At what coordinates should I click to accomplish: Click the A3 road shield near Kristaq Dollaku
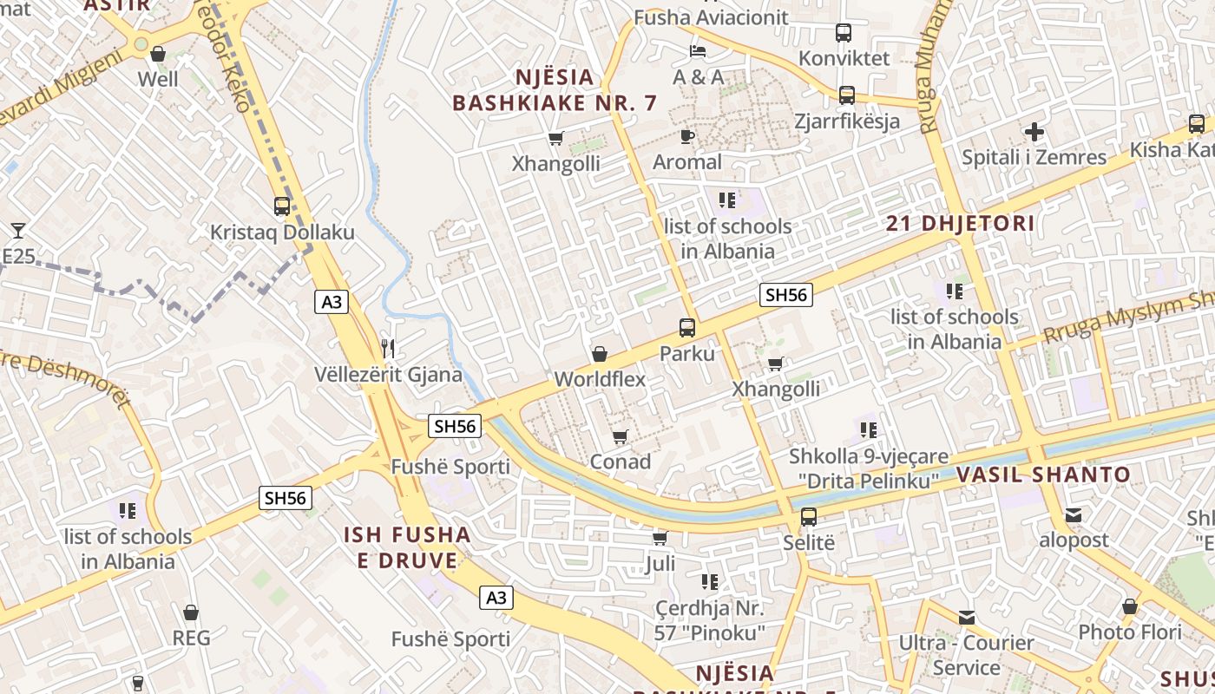point(332,302)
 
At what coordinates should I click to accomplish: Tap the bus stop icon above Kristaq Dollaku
point(282,206)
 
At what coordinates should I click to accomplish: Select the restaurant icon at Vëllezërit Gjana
point(388,349)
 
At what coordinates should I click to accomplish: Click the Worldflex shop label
point(600,379)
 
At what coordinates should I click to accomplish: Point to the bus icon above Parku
point(687,328)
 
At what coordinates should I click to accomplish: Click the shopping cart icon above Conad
point(620,436)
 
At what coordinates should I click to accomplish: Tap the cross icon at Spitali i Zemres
point(1034,132)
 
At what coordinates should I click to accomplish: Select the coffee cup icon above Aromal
point(687,136)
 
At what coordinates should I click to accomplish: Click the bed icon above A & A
point(698,51)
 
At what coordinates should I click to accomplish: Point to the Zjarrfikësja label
point(847,121)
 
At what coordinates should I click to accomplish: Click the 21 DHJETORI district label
point(960,224)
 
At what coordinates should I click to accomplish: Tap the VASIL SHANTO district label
point(1043,475)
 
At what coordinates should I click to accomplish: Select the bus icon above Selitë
point(809,517)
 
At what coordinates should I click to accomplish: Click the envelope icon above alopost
point(1074,515)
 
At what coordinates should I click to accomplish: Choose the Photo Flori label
point(1130,632)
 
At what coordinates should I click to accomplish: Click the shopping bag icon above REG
point(191,612)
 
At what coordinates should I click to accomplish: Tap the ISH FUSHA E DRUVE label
point(407,547)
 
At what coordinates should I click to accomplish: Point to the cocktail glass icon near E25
point(18,231)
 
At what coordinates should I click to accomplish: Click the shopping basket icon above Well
point(158,54)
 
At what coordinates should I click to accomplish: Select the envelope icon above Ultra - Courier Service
point(967,618)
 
